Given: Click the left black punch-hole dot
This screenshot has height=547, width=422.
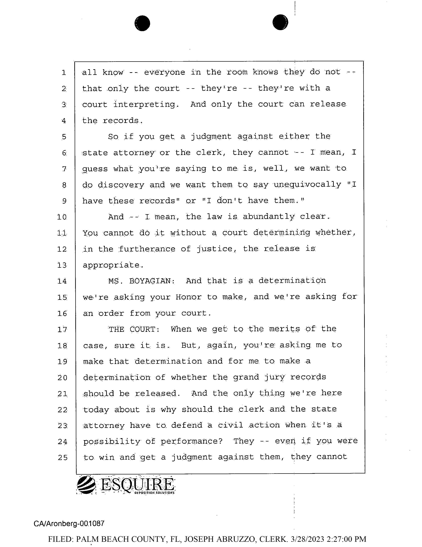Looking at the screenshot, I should (142, 23).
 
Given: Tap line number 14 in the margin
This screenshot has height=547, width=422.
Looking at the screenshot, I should (62, 281).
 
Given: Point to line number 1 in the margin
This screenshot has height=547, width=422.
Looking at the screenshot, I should (64, 73).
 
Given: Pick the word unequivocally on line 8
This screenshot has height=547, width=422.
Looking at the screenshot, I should (307, 185).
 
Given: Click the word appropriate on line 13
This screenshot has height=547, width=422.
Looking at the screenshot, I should (113, 265).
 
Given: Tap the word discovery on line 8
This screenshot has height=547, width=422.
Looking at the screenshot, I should (121, 185).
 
